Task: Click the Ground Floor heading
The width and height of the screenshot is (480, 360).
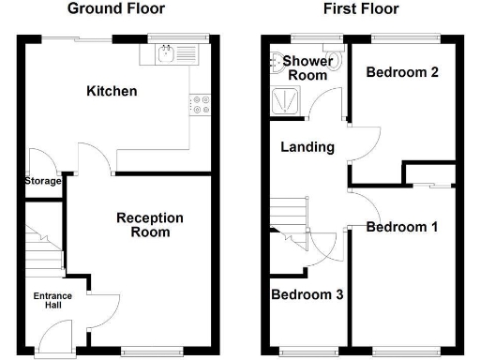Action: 118,9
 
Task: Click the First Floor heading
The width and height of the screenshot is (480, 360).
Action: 361,9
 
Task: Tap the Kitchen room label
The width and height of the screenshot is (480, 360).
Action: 112,91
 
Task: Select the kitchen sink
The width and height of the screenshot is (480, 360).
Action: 167,55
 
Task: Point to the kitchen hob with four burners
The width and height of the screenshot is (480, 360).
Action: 199,104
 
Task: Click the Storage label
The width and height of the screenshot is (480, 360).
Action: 42,181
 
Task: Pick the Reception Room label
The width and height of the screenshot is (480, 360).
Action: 150,225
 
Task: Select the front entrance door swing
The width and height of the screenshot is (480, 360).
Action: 58,332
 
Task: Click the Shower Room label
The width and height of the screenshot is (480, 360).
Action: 307,68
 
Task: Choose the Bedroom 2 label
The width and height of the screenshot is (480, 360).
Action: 402,72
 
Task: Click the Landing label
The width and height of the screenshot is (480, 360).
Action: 307,147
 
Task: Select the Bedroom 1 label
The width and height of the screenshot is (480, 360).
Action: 402,227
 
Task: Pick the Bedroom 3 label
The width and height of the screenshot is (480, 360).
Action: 307,294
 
